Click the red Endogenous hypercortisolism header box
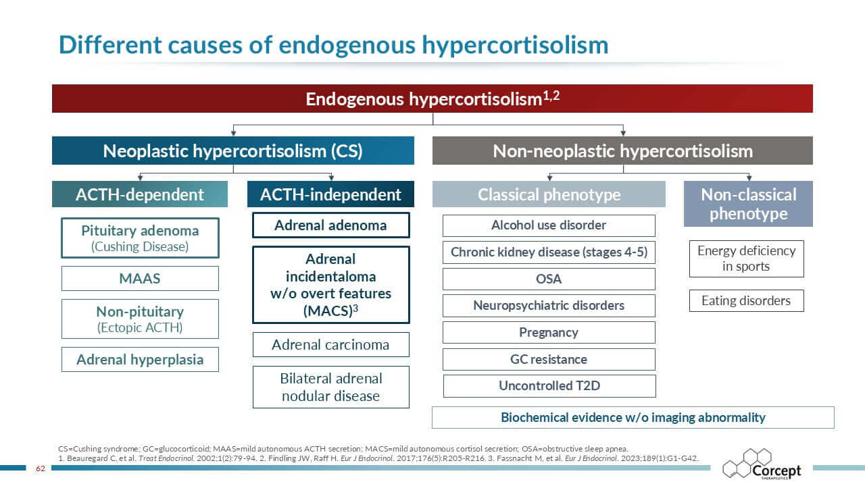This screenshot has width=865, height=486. pos(432,99)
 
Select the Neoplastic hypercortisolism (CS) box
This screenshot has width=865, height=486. pos(233,151)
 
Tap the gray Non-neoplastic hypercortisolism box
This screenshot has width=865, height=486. pos(622,151)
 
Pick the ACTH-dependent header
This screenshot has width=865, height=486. pos(140,194)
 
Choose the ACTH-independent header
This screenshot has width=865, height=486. pos(330,194)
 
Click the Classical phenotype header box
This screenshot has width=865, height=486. pos(549,194)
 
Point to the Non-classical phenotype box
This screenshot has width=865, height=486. pos(748,204)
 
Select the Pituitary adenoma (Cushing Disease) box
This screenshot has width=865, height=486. pos(140,238)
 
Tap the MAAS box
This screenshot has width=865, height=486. pos(140,279)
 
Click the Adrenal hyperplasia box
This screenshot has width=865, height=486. pos(140,360)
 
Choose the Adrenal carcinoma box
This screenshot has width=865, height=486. pos(331,344)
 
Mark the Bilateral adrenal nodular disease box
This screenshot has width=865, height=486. pos(331,387)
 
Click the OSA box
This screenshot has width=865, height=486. pos(549,279)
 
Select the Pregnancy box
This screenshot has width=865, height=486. pos(549,332)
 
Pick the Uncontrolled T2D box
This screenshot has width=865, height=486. pos(549,385)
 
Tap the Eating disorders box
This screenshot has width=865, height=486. pos(747,300)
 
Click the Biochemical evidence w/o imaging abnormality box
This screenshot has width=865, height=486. pos(633,417)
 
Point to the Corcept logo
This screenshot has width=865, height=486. pos(762,464)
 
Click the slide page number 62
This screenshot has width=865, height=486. pos(41,468)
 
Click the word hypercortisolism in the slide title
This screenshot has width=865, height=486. pos(515,45)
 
